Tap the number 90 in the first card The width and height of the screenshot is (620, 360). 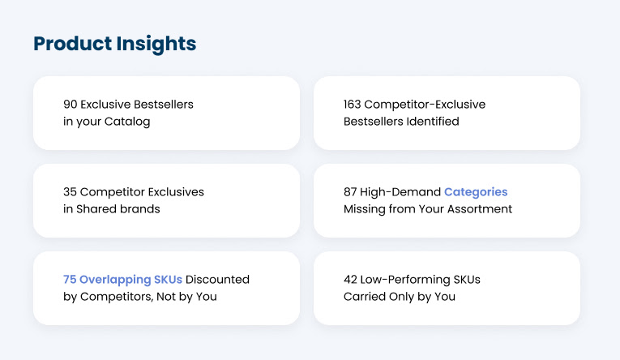coord(71,105)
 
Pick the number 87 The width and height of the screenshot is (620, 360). coord(352,192)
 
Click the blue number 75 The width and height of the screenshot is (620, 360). coord(71,280)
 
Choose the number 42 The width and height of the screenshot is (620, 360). coord(352,280)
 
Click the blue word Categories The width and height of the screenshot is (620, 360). coord(476,192)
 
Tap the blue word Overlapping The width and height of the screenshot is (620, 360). coord(116,280)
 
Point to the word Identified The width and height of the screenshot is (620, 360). coord(431,122)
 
